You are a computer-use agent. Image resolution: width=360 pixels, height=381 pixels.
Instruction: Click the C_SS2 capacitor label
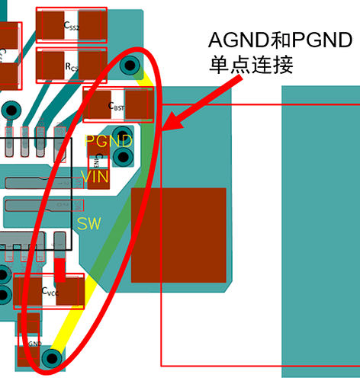point(71,27)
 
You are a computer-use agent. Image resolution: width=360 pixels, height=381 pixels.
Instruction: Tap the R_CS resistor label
point(71,67)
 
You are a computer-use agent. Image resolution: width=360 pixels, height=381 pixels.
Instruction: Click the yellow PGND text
point(108,141)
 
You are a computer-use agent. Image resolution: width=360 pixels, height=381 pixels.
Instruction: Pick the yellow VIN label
point(95,177)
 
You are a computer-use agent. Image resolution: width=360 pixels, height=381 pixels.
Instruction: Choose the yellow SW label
point(88,224)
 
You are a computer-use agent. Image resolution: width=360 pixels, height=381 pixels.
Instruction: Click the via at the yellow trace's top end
point(129,63)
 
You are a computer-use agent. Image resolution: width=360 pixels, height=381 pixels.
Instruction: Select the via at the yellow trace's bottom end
point(53,357)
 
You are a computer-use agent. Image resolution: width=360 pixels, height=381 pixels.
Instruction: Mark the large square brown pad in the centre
point(179,235)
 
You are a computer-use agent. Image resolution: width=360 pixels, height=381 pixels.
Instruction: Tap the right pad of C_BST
point(140,104)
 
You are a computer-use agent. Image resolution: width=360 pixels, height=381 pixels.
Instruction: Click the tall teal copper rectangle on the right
point(320,229)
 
